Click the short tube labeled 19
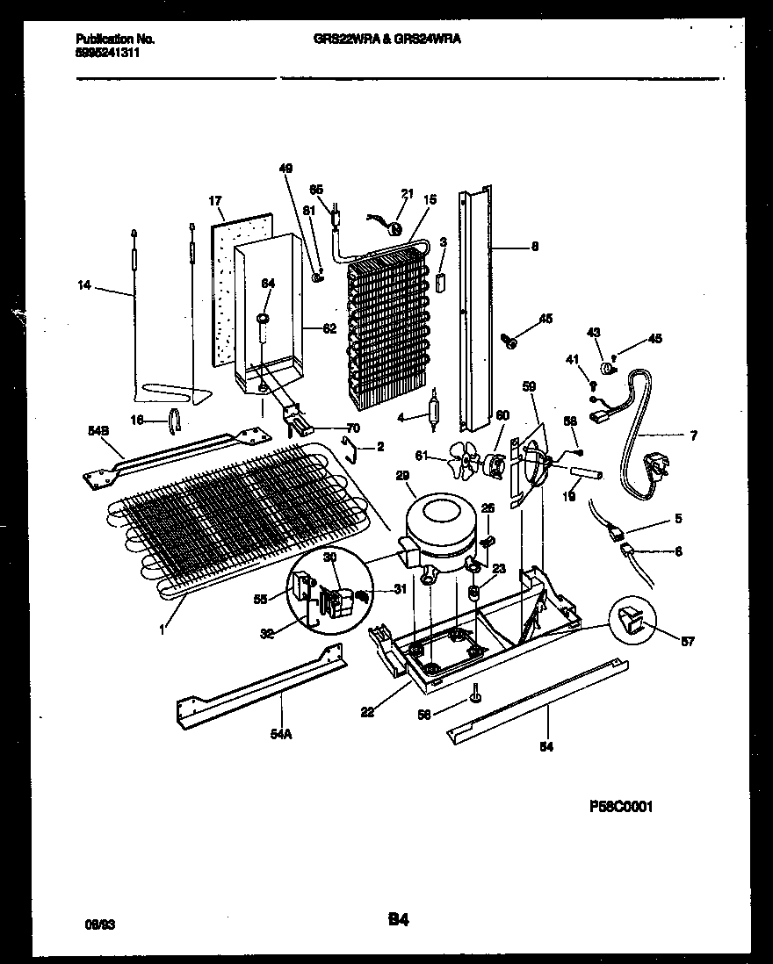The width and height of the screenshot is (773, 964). [x=581, y=475]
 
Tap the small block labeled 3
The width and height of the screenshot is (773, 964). [x=442, y=283]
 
